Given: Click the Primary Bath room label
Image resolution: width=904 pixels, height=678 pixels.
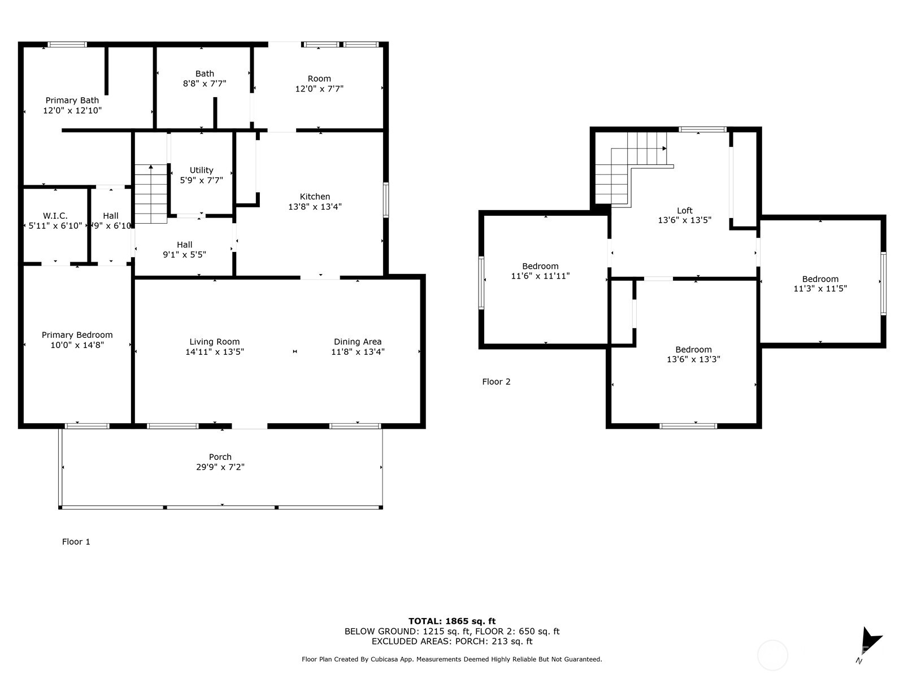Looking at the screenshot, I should coord(72,101).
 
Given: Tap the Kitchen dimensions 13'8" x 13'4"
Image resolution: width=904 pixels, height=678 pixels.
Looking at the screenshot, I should coord(315,207).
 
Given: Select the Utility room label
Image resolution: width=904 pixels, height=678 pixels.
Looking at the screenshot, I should coord(201,170).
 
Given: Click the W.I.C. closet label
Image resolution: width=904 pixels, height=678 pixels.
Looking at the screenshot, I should coord(55,216).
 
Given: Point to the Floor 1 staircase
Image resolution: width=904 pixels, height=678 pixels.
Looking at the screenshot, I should coord(151,194).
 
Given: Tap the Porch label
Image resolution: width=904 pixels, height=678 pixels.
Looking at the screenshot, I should coord(220,457).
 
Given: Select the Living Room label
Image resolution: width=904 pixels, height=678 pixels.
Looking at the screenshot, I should coord(215,342).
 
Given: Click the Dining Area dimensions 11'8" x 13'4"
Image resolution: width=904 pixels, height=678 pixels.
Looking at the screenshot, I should coord(358,352).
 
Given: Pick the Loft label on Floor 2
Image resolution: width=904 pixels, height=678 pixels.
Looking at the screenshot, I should coord(684,211).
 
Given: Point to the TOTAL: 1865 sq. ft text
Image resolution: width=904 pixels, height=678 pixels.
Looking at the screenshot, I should coord(452,621).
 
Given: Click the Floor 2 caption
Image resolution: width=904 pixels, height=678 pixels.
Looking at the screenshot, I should coord(496,382).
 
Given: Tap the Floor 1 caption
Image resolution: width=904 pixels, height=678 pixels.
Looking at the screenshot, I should coord(76,542).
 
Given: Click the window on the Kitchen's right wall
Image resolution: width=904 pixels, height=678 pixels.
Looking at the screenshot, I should coord(386,199).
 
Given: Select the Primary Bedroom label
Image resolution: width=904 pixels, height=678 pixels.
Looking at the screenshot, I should coord(77,335).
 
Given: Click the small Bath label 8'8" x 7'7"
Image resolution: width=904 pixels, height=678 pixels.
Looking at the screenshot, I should coord(205,73).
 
